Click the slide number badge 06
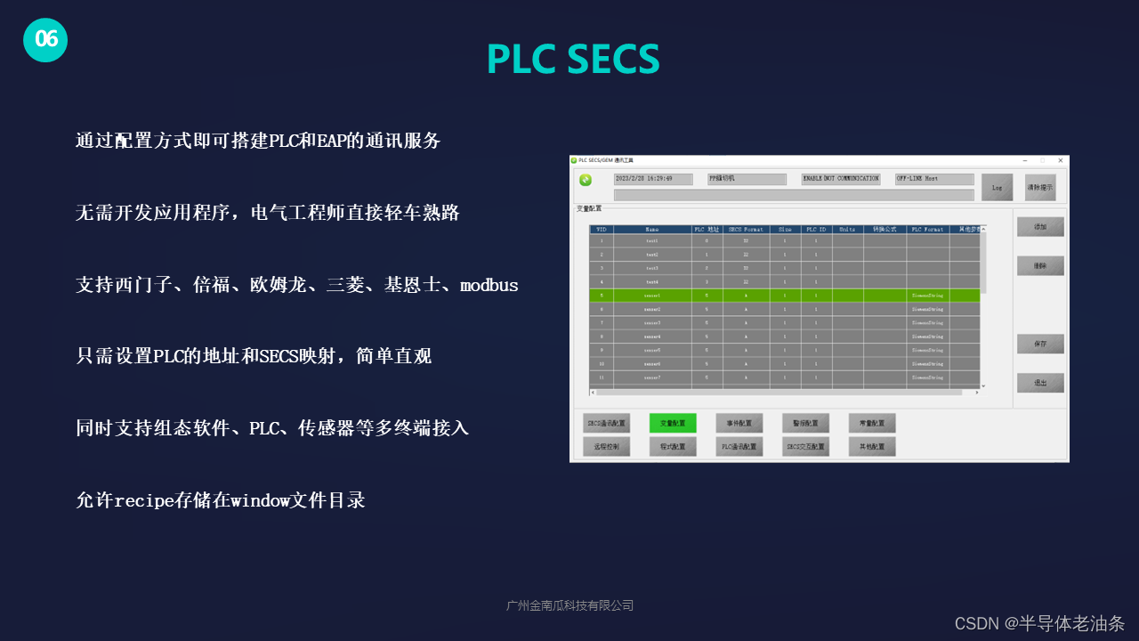pyautogui.click(x=45, y=39)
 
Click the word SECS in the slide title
pyautogui.click(x=613, y=59)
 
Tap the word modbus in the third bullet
pyautogui.click(x=489, y=286)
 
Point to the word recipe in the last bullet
pyautogui.click(x=147, y=500)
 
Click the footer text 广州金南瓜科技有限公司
pyautogui.click(x=569, y=605)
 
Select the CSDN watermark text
pyautogui.click(x=1039, y=623)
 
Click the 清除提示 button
pyautogui.click(x=1039, y=187)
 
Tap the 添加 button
pyautogui.click(x=1040, y=227)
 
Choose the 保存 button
pyautogui.click(x=1040, y=344)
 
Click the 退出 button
pyautogui.click(x=1040, y=383)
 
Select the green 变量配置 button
pyautogui.click(x=673, y=423)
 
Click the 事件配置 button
pyautogui.click(x=739, y=423)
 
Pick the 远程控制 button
pyautogui.click(x=606, y=446)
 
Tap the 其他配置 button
pyautogui.click(x=872, y=446)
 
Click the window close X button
pyautogui.click(x=1060, y=160)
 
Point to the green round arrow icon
pyautogui.click(x=586, y=180)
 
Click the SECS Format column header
pyautogui.click(x=746, y=229)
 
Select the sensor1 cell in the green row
pyautogui.click(x=652, y=295)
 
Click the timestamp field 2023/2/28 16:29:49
pyautogui.click(x=653, y=179)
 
